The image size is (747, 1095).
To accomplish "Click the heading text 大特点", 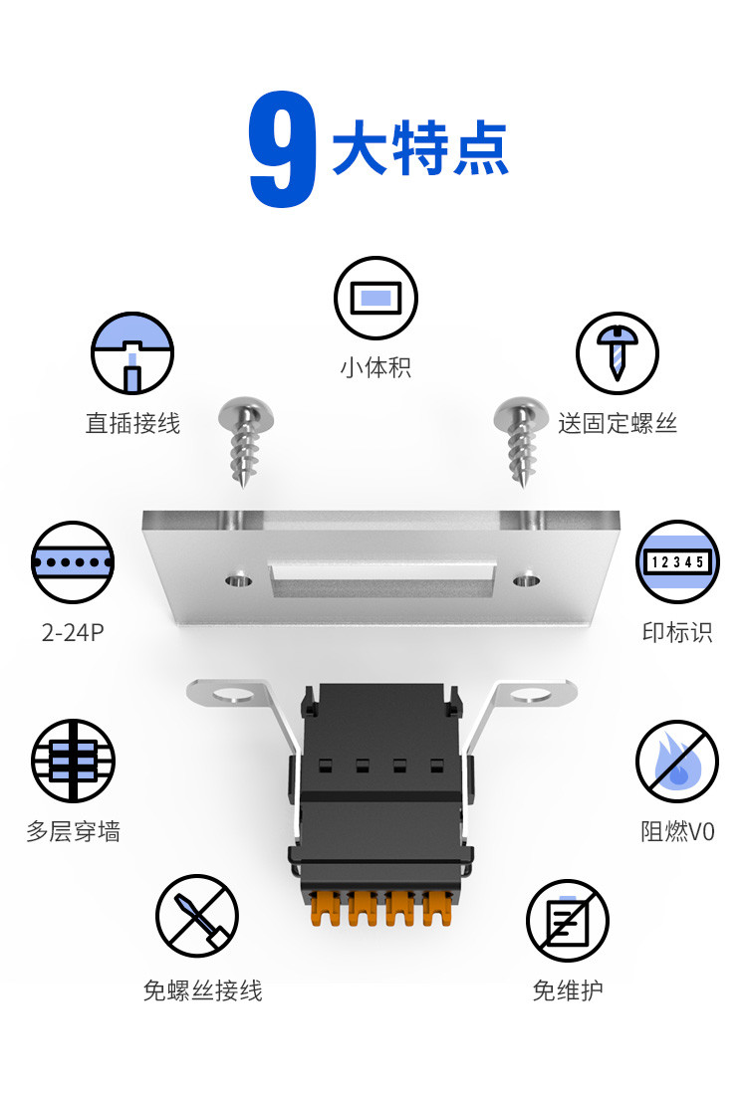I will tap(419, 149).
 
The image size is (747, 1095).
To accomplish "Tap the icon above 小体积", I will tap(375, 298).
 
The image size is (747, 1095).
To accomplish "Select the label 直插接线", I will tap(132, 423).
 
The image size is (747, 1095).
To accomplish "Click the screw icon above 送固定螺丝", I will tap(618, 353).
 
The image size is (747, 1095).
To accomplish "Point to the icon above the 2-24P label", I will tap(73, 562).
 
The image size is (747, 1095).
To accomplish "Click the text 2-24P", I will tap(73, 632).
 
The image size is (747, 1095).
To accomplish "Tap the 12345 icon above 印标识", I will tap(677, 561).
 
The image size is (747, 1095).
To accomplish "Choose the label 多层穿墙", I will tap(73, 831).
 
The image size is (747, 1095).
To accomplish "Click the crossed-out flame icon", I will tap(677, 762).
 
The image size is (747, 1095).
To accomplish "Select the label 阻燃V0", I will tap(677, 831).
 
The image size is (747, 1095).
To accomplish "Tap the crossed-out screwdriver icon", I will tap(197, 916).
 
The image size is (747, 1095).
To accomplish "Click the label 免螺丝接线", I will tap(202, 990).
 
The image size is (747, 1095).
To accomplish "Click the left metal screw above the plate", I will tap(245, 438).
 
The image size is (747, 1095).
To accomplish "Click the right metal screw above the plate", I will tap(520, 438).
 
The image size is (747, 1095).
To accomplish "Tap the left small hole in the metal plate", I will tap(236, 578).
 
